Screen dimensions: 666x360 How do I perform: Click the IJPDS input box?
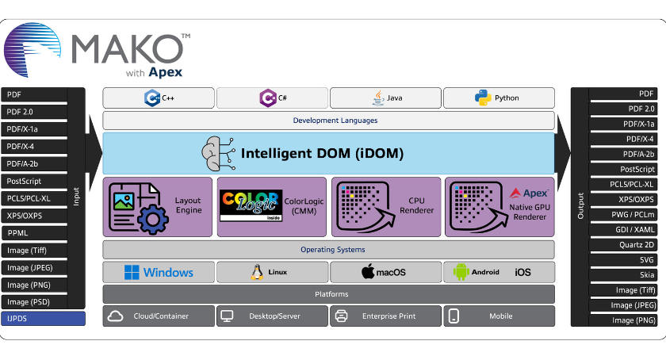(43, 318)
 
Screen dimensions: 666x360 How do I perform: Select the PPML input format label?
(17, 233)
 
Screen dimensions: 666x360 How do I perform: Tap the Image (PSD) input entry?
(29, 302)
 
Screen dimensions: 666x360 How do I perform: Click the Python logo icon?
(483, 98)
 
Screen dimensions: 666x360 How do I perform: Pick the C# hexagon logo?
(268, 98)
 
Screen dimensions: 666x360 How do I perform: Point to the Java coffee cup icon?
(378, 98)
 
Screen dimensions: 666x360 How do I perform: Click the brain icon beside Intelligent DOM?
(218, 153)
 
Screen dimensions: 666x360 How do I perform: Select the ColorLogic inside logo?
(251, 205)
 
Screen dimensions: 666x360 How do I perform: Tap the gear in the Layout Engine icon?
(153, 220)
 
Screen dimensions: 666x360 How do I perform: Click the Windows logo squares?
(132, 273)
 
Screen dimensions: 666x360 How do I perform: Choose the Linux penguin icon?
(257, 272)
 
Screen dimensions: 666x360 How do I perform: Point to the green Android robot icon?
(461, 272)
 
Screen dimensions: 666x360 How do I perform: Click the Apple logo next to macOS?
(368, 271)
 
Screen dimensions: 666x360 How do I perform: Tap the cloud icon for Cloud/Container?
(115, 316)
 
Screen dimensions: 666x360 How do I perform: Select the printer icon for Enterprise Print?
(342, 316)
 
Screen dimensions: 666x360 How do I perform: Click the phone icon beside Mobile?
(454, 316)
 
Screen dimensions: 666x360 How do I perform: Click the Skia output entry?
(647, 275)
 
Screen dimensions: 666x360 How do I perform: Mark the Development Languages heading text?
(335, 121)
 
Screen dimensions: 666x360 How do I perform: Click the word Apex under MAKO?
(165, 73)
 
